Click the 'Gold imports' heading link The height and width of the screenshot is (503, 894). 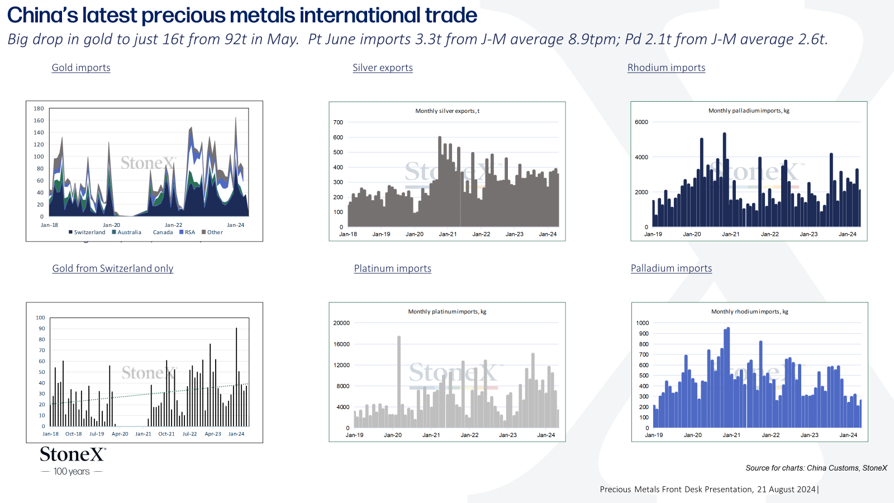click(x=81, y=68)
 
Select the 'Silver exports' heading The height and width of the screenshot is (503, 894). click(x=383, y=68)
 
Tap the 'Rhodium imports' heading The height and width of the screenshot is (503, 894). click(x=666, y=68)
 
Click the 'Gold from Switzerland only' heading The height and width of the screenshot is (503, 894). click(x=112, y=268)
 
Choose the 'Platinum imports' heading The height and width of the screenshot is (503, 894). click(x=393, y=268)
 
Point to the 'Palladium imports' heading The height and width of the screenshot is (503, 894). click(x=671, y=268)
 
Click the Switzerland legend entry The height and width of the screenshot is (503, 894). click(x=87, y=232)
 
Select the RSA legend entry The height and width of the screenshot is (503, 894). click(x=187, y=232)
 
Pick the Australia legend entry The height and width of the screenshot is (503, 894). click(x=126, y=232)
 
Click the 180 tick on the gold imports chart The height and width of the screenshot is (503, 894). click(x=39, y=108)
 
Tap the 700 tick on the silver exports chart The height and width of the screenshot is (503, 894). click(x=338, y=122)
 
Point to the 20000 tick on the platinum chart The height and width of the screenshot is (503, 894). click(x=341, y=323)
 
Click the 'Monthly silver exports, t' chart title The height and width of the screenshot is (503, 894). click(x=447, y=111)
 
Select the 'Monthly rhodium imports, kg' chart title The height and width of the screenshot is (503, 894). click(x=749, y=311)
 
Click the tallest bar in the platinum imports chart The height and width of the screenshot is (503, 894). click(x=399, y=382)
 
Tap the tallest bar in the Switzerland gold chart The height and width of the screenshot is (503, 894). click(x=236, y=377)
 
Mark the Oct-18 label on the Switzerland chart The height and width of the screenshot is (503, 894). click(x=73, y=434)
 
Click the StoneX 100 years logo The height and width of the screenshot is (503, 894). click(x=73, y=461)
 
